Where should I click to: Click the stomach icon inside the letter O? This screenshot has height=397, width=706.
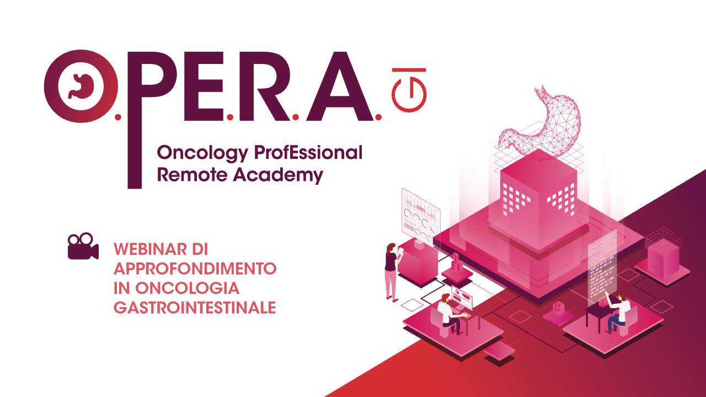point(81,86)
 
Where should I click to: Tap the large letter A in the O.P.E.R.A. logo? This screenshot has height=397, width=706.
point(340,86)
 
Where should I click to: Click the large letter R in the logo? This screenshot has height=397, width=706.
point(264,86)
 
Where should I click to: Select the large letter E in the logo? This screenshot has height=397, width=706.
point(204,86)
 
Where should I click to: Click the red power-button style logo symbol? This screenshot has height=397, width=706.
point(409,90)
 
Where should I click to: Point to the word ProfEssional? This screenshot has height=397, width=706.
point(308,153)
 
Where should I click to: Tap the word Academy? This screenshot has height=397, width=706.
point(278,175)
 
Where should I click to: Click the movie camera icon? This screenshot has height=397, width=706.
point(83,246)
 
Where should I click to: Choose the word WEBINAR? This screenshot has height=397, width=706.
point(150,250)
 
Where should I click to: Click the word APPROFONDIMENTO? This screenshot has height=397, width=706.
point(195,269)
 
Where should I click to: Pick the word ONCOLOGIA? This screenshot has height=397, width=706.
point(187,288)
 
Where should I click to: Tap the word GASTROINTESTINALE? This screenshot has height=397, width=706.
point(195,308)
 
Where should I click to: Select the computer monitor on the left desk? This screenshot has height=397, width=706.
point(462,298)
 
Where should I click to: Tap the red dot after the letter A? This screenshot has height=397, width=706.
point(378,117)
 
